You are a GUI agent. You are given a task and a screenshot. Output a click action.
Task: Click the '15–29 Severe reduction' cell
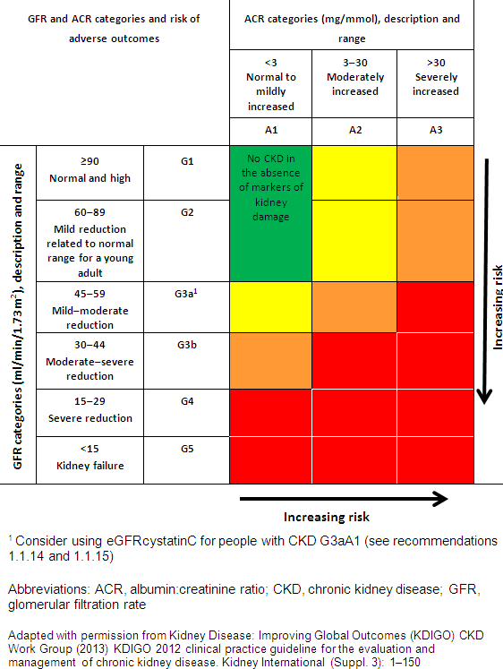(x=90, y=410)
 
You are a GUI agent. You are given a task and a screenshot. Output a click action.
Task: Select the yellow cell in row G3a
(x=270, y=306)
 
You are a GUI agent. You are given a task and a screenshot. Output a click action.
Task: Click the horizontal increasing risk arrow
(x=343, y=497)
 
